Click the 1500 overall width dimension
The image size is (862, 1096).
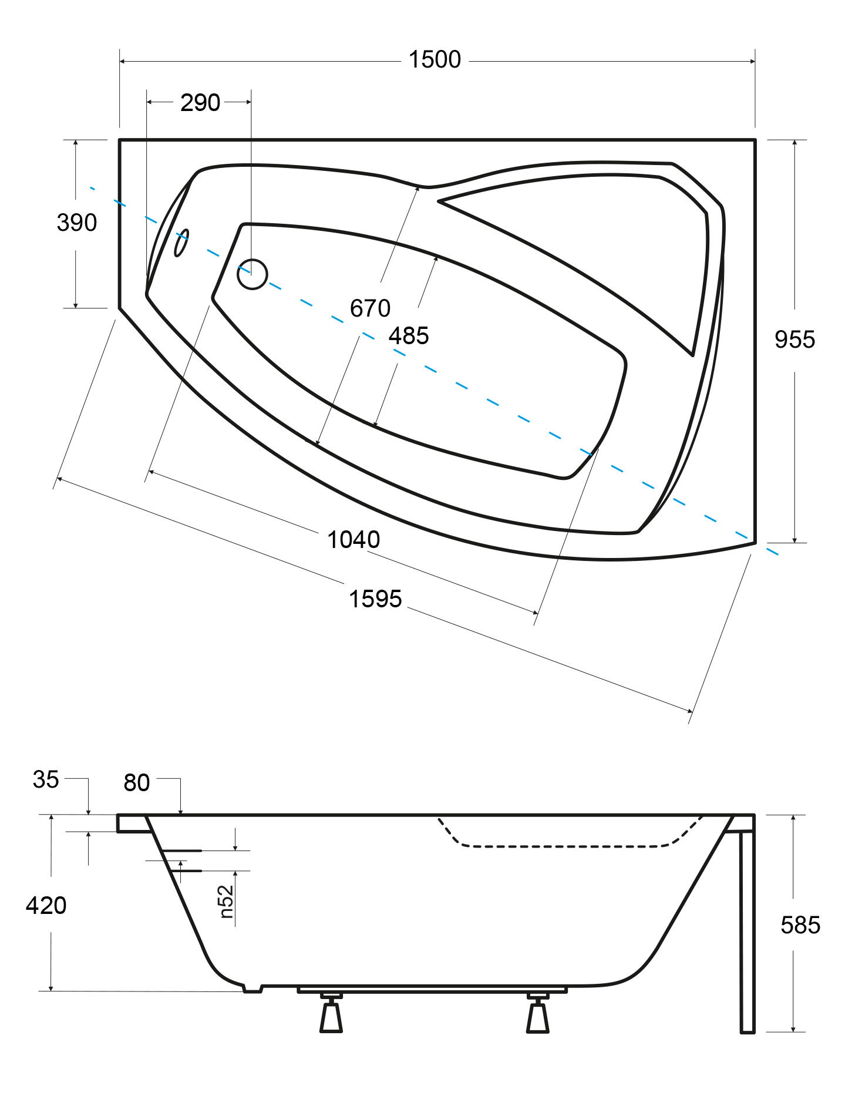pos(435,60)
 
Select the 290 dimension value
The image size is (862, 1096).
pos(200,103)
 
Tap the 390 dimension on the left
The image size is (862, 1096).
pos(77,223)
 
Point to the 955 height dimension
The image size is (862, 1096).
pos(794,339)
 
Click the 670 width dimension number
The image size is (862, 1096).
pos(370,308)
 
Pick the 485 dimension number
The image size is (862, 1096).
pos(409,336)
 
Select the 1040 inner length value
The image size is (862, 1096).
pos(353,540)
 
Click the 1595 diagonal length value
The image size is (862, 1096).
pos(375,599)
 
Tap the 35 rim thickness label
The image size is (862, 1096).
pos(46,779)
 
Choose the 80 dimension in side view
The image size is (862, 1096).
pos(137,783)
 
